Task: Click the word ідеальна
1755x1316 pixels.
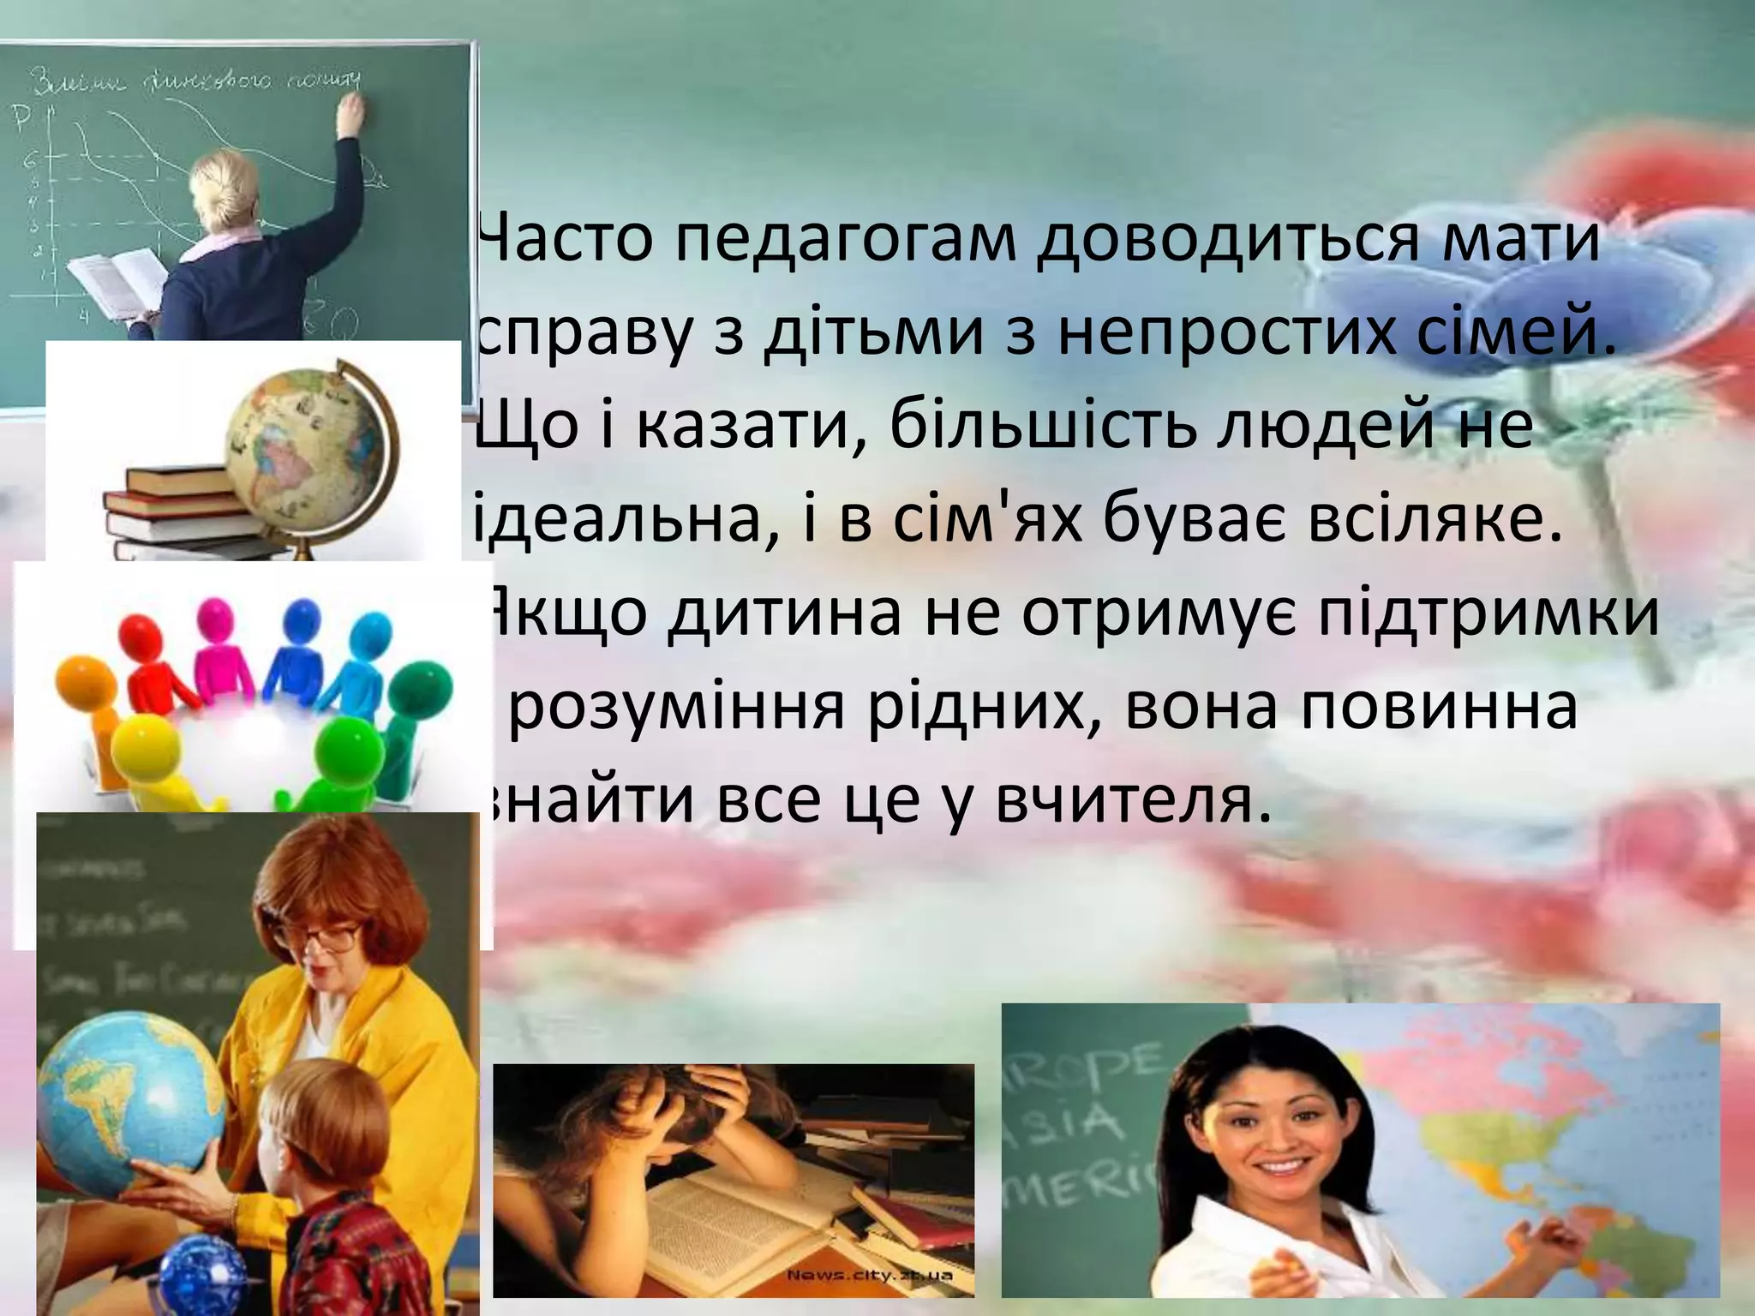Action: pyautogui.click(x=617, y=521)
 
